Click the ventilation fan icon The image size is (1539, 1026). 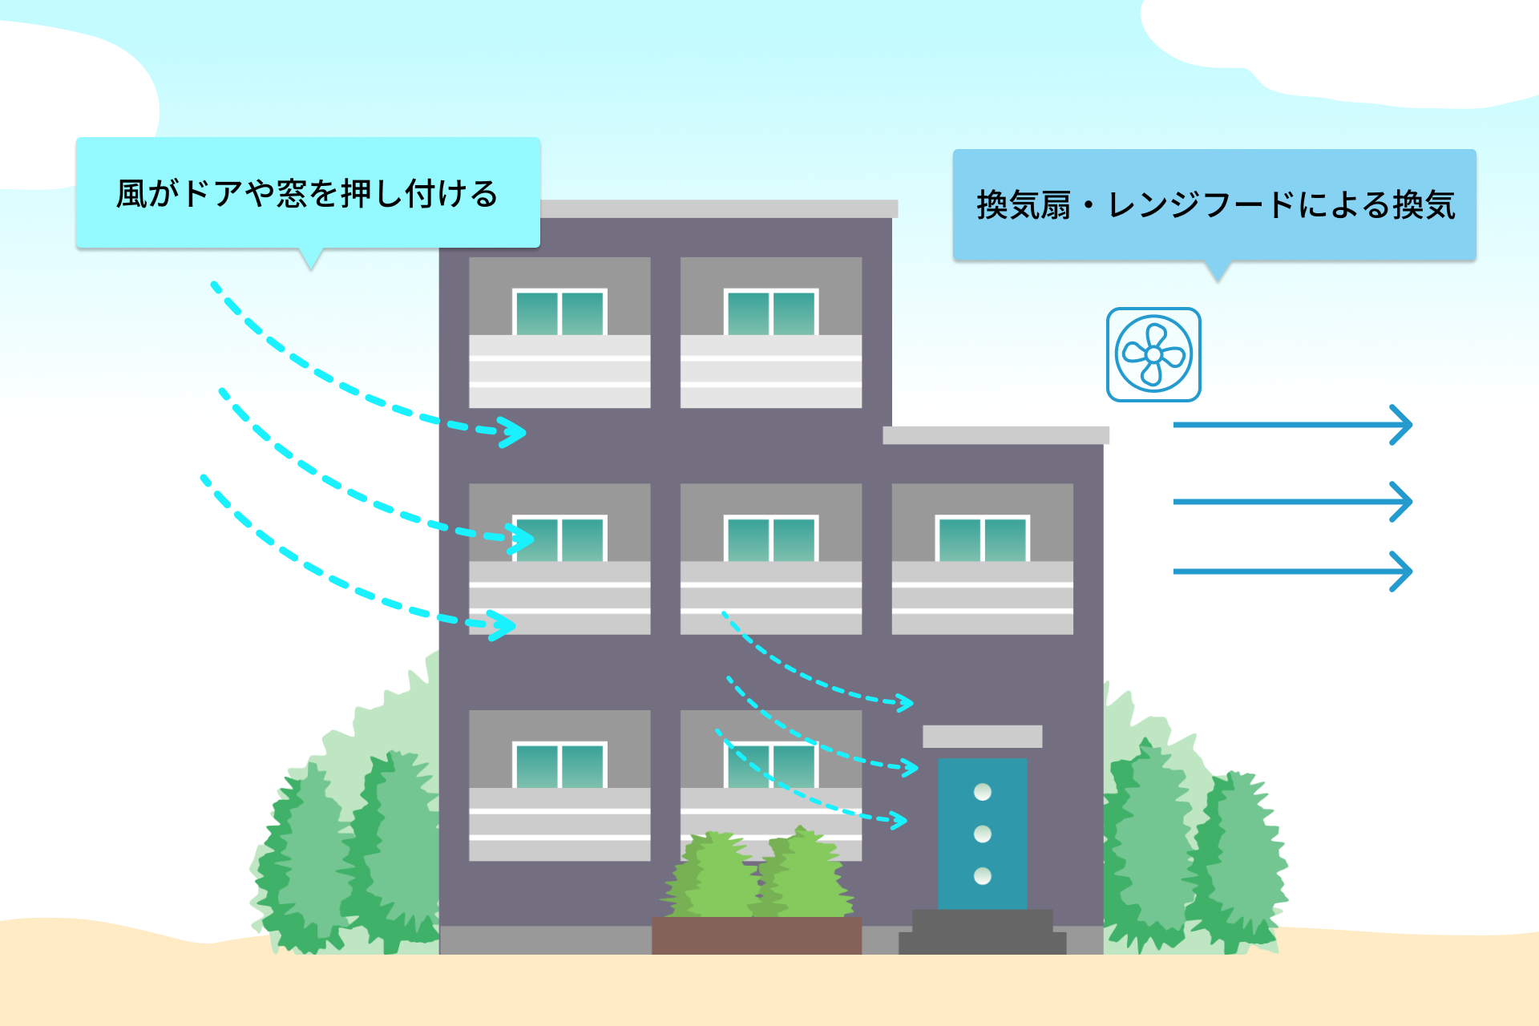(1153, 354)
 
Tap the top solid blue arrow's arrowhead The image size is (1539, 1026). (1402, 425)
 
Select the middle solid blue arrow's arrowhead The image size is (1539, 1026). (1402, 502)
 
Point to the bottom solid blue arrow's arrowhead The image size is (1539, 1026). (1402, 572)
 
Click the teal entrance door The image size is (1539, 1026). (982, 834)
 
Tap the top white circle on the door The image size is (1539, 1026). (983, 792)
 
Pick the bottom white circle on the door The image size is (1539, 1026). (983, 875)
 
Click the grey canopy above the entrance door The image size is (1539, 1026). (982, 736)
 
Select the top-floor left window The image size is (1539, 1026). (559, 312)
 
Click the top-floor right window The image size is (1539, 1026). (771, 312)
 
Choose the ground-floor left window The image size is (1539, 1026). (559, 765)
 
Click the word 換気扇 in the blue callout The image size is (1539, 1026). (1024, 205)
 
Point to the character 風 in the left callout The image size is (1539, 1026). (131, 194)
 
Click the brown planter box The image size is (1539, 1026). (757, 935)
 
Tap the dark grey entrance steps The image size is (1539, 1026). (982, 931)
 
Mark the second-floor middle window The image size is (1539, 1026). (771, 539)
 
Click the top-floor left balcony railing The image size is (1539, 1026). (559, 371)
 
